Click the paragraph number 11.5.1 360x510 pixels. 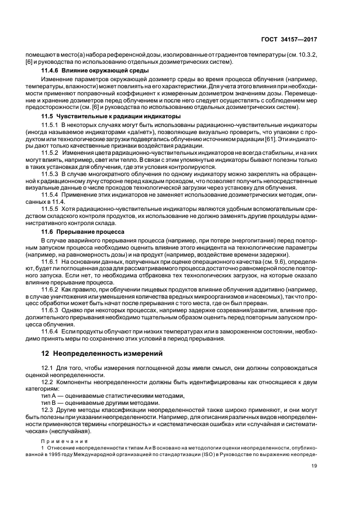[50, 125]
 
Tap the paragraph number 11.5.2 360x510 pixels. [50, 154]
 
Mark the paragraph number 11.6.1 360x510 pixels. [50, 262]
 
